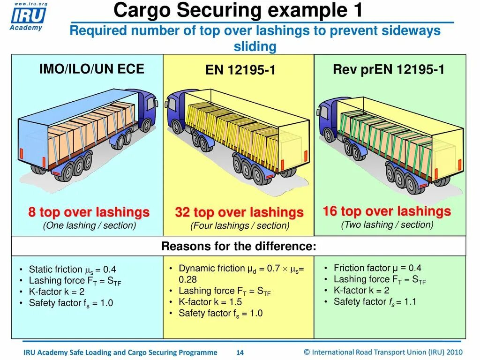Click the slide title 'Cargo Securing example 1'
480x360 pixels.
239,10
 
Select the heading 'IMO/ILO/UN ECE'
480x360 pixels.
91,69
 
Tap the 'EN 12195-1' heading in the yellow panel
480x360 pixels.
240,70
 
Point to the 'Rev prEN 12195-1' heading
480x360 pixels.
389,70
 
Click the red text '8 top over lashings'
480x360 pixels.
89,212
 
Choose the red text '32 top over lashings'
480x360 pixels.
239,212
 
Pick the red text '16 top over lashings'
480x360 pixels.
386,211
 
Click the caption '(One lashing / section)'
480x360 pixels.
89,225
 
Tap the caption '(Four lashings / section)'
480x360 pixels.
240,226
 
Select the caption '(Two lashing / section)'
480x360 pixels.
387,225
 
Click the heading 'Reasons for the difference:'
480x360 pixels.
239,247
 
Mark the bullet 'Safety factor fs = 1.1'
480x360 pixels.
375,301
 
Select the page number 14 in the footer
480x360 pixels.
240,352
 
